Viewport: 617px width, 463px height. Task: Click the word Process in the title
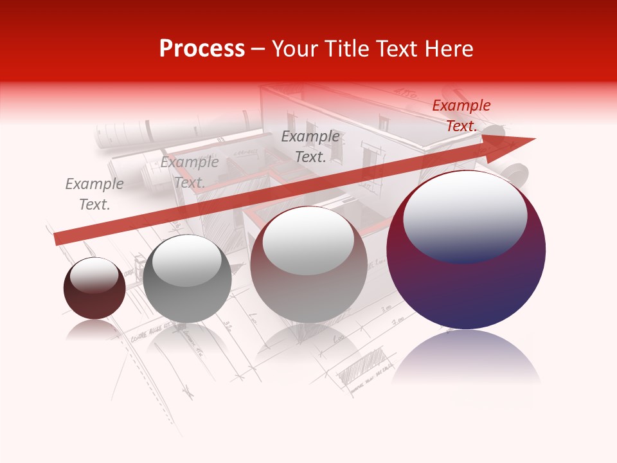(x=202, y=49)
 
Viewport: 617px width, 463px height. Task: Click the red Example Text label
(x=461, y=116)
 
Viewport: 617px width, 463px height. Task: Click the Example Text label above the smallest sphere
(x=94, y=194)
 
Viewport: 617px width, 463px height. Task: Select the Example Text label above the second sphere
(x=190, y=172)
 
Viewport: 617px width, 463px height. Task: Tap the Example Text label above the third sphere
(x=310, y=147)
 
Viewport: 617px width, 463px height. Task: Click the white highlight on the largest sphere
(x=465, y=215)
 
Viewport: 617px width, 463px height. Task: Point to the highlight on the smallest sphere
(x=94, y=275)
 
